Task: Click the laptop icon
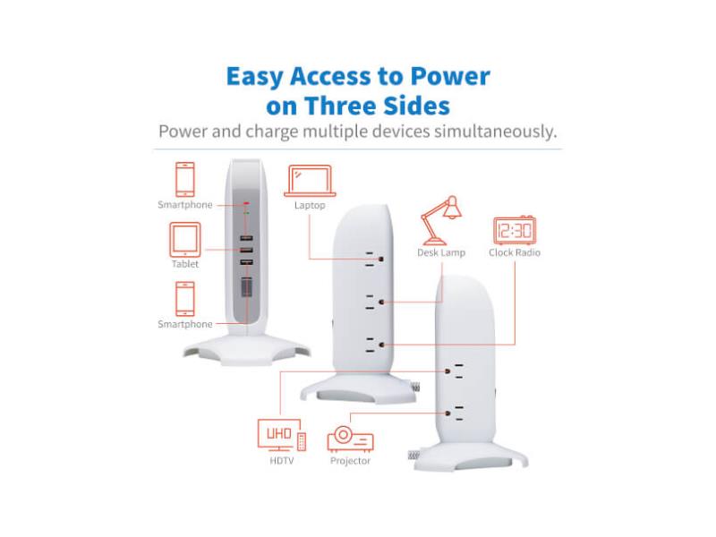310,181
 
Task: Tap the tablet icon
185,240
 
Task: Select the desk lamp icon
441,220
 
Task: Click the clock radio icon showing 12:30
515,230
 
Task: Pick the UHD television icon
281,435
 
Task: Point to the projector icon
350,439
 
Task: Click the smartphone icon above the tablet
185,180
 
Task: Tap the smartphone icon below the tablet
185,299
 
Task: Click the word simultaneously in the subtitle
496,132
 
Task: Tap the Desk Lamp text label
441,252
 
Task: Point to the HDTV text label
281,461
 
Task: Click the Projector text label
350,461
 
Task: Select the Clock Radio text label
515,252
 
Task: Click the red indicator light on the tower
247,203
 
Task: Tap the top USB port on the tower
247,238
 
